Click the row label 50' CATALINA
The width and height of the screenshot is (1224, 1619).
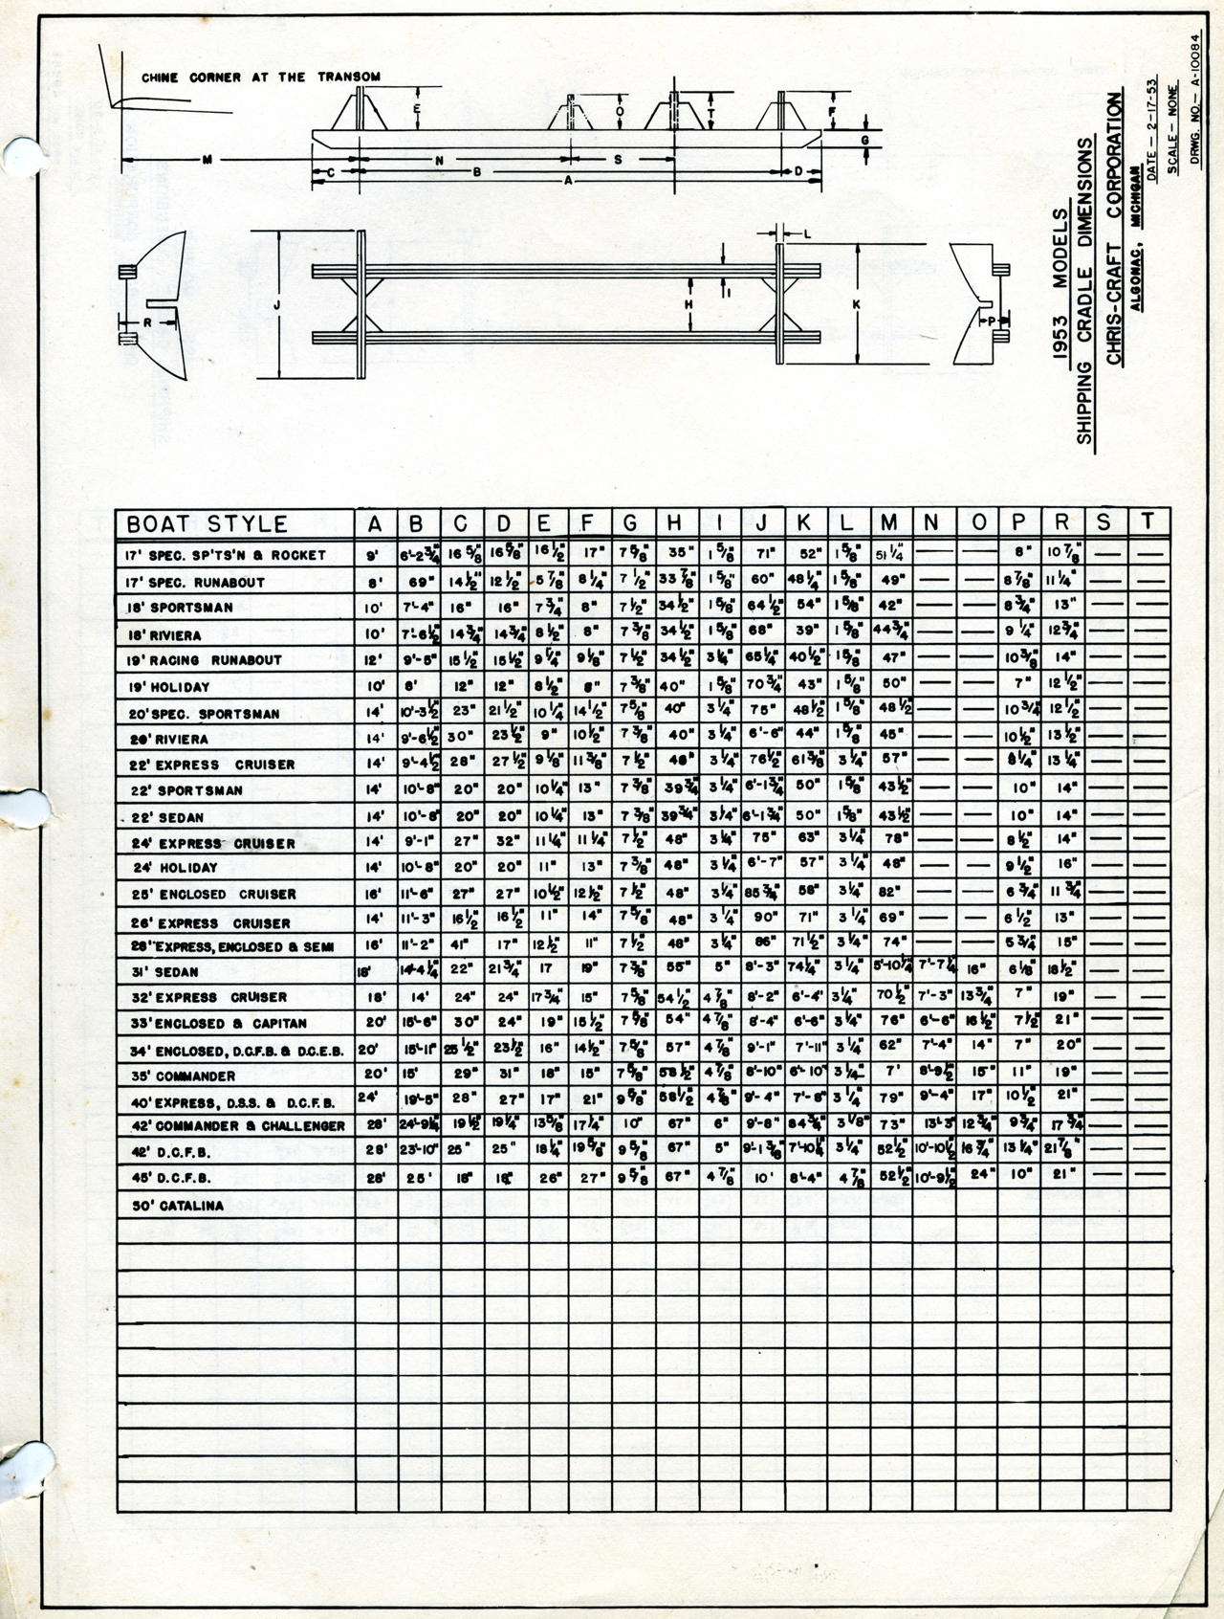point(179,1206)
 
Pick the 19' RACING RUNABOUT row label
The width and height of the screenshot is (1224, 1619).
point(204,659)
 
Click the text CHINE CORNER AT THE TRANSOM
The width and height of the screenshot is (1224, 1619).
point(261,78)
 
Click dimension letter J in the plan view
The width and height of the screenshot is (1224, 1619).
point(276,304)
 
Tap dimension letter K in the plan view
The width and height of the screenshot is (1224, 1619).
point(857,304)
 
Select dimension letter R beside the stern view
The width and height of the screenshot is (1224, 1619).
point(147,322)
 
